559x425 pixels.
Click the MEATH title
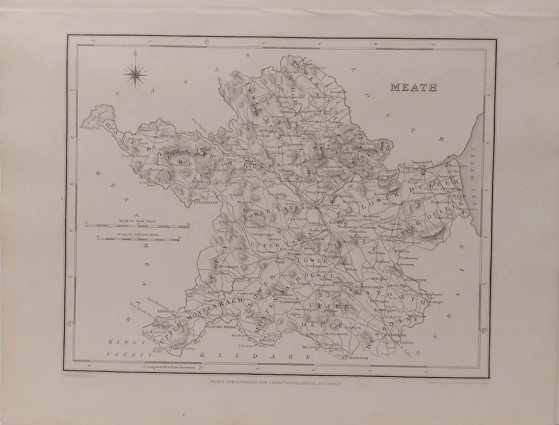(x=413, y=87)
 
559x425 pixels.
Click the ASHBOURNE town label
(x=414, y=279)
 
